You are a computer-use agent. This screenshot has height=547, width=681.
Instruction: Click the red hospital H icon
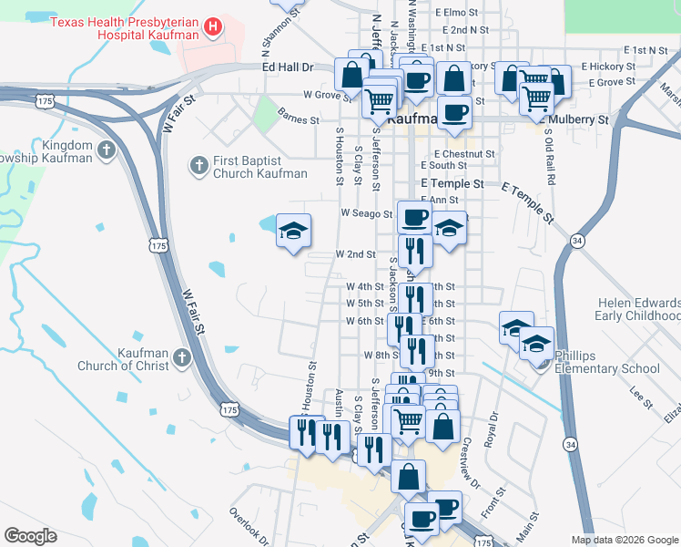(x=213, y=26)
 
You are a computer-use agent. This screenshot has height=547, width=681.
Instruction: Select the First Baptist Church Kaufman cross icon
(x=198, y=166)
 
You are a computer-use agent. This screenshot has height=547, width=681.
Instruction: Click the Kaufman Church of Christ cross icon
(x=180, y=357)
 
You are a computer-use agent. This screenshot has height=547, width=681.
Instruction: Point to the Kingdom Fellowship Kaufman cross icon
(x=107, y=150)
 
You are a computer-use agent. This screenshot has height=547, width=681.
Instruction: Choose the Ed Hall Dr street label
(x=287, y=67)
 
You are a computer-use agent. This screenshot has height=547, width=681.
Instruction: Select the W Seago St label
(x=365, y=213)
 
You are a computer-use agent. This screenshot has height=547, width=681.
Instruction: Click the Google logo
(x=30, y=536)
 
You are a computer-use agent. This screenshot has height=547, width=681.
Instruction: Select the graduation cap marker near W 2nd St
(x=293, y=232)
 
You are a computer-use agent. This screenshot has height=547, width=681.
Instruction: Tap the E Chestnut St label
(x=464, y=154)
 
